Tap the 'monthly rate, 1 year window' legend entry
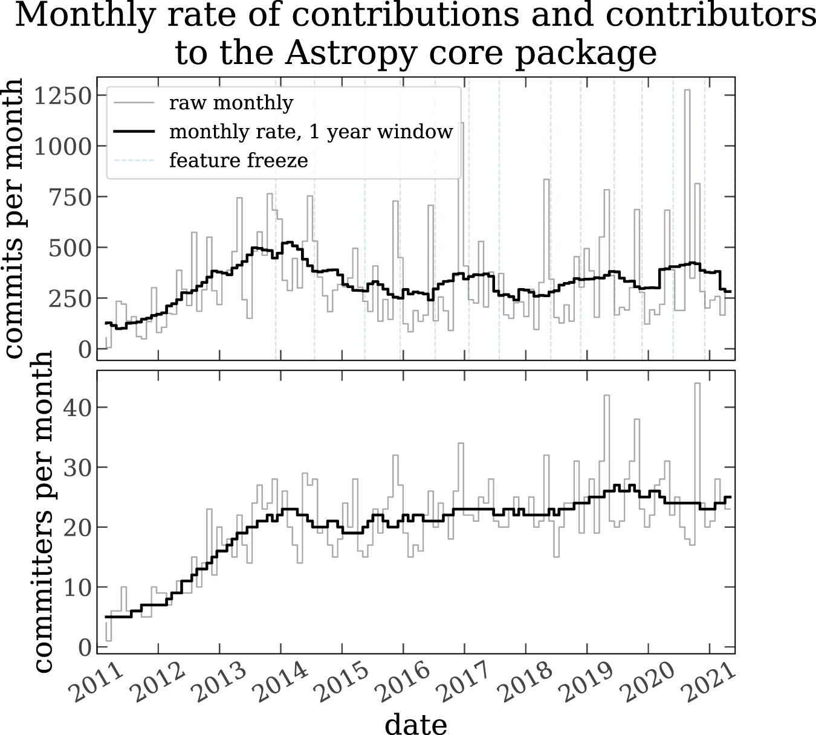[x=311, y=132]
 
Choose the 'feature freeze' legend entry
[x=239, y=161]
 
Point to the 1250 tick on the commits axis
[x=62, y=95]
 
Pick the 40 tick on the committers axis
[x=75, y=407]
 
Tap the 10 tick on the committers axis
[x=75, y=587]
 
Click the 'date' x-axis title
[x=416, y=723]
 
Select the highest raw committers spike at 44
[x=697, y=384]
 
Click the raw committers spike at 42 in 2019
[x=607, y=396]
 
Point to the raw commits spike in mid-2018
[x=546, y=181]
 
